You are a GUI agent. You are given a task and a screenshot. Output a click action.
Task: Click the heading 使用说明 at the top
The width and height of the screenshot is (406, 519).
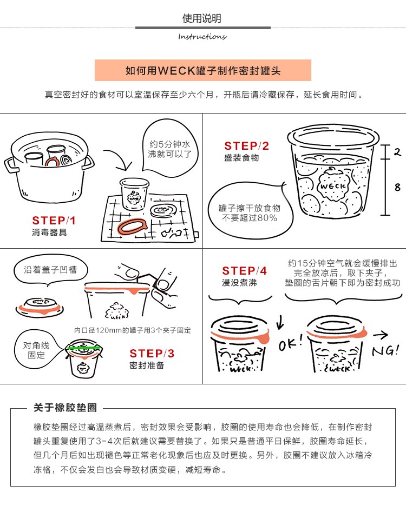201,18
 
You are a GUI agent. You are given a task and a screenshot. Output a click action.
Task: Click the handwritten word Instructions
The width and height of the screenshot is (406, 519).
202,36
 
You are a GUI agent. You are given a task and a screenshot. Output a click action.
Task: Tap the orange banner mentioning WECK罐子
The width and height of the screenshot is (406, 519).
203,70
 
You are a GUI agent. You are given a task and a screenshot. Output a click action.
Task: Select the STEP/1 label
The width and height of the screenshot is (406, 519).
54,221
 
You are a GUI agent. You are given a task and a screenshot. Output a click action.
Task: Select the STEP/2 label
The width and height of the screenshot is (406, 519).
247,146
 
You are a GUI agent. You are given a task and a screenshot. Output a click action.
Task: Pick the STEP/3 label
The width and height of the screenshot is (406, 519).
152,354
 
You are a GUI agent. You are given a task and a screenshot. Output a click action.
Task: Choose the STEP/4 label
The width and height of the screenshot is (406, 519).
244,271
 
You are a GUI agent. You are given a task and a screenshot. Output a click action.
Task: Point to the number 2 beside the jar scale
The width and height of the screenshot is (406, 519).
397,152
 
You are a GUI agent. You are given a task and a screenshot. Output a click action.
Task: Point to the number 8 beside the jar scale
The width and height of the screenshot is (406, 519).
397,188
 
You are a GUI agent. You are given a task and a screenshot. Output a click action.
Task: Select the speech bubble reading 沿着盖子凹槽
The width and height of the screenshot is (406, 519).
50,270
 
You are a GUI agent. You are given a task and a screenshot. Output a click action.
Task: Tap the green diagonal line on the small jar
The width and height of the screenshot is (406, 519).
83,348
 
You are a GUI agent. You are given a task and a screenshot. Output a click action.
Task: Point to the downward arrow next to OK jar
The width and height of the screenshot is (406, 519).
280,322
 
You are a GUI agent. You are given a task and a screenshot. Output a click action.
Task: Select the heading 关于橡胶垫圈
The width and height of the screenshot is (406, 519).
66,408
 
